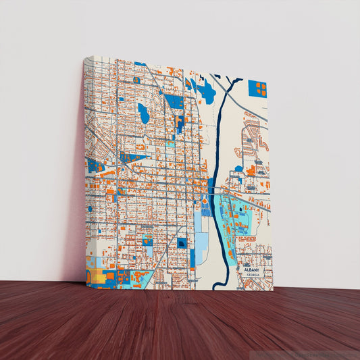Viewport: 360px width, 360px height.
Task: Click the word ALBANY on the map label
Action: pyautogui.click(x=253, y=269)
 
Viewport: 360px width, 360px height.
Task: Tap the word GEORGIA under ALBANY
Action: pyautogui.click(x=253, y=275)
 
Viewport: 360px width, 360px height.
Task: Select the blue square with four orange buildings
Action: pyautogui.click(x=257, y=88)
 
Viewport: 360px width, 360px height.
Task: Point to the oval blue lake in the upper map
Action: pyautogui.click(x=143, y=113)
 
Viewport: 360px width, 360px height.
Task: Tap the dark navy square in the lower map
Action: pyautogui.click(x=182, y=242)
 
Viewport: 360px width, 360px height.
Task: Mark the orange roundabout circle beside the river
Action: pyautogui.click(x=205, y=201)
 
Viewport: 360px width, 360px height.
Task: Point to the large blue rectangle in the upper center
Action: pyautogui.click(x=174, y=101)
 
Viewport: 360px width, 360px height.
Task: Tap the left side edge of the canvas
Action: pyautogui.click(x=84, y=169)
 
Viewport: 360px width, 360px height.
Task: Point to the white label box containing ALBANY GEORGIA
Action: pyautogui.click(x=253, y=272)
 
